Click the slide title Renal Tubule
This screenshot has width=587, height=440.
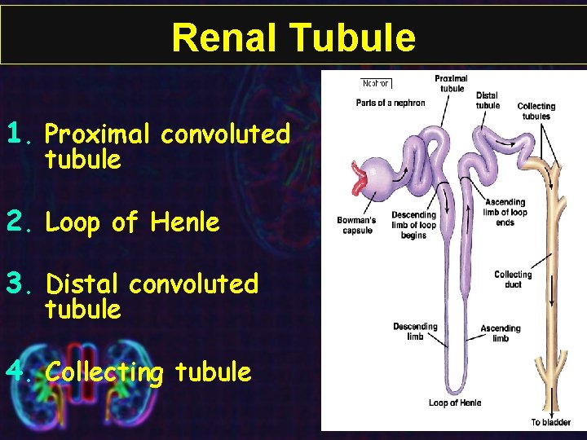click(x=293, y=37)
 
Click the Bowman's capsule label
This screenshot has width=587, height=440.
click(x=356, y=225)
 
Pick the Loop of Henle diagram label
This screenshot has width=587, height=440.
click(x=455, y=403)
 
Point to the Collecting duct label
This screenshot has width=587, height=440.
click(x=513, y=279)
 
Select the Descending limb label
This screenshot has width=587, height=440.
click(x=415, y=332)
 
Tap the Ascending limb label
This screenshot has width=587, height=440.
click(x=501, y=333)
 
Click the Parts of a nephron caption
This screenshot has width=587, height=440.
click(x=386, y=103)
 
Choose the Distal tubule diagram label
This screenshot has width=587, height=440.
click(x=488, y=100)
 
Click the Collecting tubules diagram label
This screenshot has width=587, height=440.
click(x=536, y=111)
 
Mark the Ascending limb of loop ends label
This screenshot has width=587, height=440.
click(x=505, y=212)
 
